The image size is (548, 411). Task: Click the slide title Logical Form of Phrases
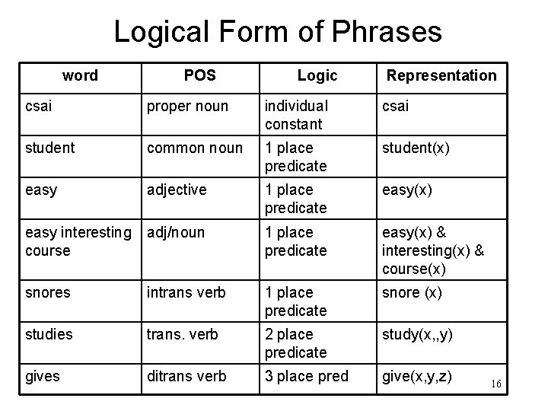tap(277, 32)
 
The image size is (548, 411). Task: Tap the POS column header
tap(199, 75)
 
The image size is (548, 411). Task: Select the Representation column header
tap(441, 75)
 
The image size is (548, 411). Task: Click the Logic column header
tap(317, 75)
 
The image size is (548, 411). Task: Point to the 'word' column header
tap(80, 75)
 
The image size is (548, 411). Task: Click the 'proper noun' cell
tap(187, 107)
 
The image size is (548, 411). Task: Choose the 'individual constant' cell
tap(297, 114)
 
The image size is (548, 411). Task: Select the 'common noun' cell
tap(194, 148)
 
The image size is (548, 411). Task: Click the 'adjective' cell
tap(177, 190)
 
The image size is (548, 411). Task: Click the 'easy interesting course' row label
tap(78, 241)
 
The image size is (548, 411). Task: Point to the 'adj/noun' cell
tap(176, 232)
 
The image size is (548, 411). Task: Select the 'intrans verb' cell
tap(186, 293)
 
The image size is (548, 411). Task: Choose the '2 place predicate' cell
tap(295, 343)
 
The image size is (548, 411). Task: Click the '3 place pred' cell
tap(306, 377)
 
